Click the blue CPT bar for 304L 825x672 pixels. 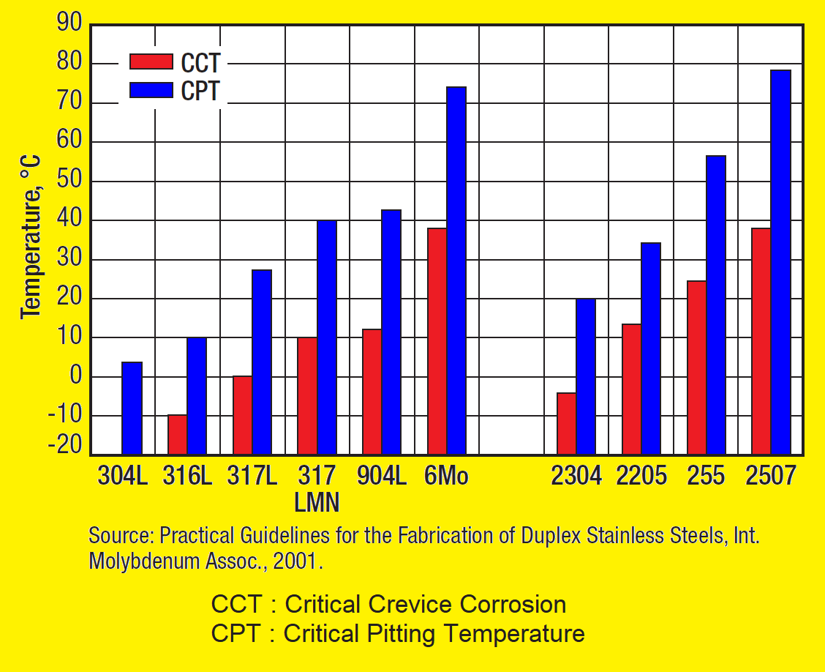[132, 408]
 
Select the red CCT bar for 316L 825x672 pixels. [177, 434]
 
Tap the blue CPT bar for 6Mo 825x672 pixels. [456, 270]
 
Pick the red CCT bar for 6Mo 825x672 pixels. [437, 340]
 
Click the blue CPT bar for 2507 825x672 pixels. [780, 261]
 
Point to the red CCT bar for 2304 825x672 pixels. [566, 423]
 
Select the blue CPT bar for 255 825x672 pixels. [715, 305]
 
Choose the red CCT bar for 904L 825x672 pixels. [372, 392]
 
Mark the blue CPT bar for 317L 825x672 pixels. [261, 362]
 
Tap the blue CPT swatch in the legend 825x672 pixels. [151, 90]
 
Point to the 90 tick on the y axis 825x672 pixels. [70, 24]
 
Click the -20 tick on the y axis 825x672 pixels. [66, 447]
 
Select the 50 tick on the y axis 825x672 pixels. [70, 181]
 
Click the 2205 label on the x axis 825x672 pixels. [641, 477]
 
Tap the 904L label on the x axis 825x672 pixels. [382, 477]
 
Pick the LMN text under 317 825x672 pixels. [317, 503]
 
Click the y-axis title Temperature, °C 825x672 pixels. [31, 236]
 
